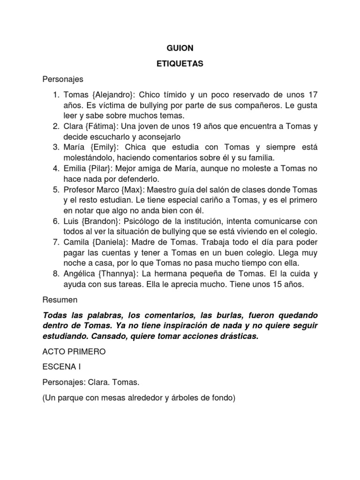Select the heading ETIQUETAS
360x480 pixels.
(x=180, y=64)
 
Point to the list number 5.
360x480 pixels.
(x=55, y=189)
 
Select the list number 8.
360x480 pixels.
(x=55, y=273)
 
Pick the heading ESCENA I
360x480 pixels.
(x=63, y=367)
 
